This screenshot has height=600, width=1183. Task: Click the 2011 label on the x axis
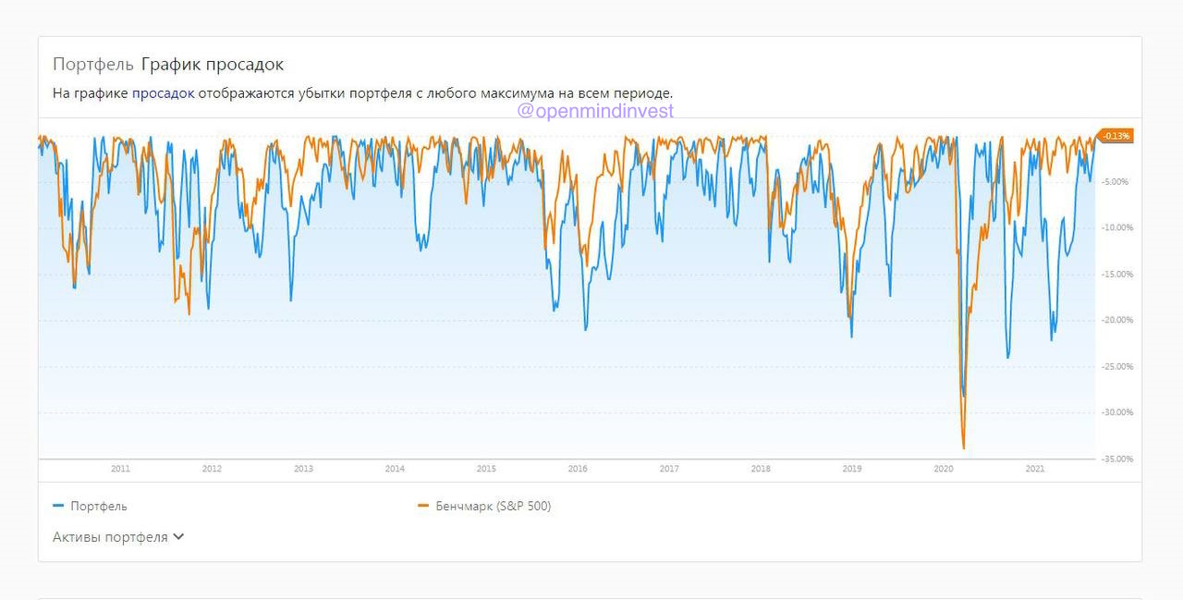click(x=120, y=469)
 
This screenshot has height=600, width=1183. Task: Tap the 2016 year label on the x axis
click(x=578, y=469)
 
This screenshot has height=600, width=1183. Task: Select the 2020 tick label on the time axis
click(x=944, y=469)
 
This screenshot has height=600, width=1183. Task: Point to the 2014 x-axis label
click(x=395, y=469)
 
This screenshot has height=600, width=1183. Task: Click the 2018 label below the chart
click(x=761, y=469)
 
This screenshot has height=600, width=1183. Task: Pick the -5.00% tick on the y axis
click(x=1116, y=181)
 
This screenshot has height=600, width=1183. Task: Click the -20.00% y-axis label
click(x=1116, y=320)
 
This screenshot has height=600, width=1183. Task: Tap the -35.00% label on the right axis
click(x=1116, y=459)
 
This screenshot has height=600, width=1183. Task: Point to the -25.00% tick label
click(x=1116, y=366)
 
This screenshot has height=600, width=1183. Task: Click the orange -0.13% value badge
click(x=1116, y=136)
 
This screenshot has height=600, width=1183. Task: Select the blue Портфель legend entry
click(x=98, y=506)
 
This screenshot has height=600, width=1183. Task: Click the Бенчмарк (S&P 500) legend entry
click(x=493, y=506)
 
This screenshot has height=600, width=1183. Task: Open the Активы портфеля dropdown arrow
click(x=178, y=536)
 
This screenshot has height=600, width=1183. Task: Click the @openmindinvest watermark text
click(x=595, y=111)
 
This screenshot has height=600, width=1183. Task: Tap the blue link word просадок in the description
click(x=164, y=92)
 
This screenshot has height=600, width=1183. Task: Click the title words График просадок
click(x=213, y=64)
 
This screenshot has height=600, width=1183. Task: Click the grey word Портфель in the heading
click(x=93, y=64)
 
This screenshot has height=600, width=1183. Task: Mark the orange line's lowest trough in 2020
click(x=964, y=448)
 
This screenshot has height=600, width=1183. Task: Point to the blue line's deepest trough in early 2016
click(x=585, y=329)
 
